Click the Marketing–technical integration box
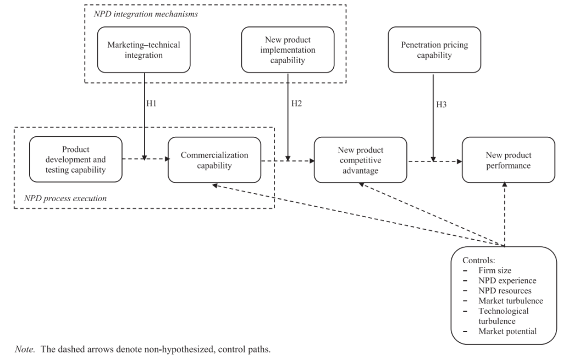pyautogui.click(x=143, y=50)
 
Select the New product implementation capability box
pyautogui.click(x=288, y=50)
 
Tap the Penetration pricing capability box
pyautogui.click(x=434, y=50)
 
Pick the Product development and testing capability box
pyautogui.click(x=76, y=159)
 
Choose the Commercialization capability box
pyautogui.click(x=214, y=160)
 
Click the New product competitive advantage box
pyautogui.click(x=361, y=160)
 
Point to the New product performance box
pyautogui.click(x=509, y=160)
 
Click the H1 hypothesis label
pyautogui.click(x=152, y=104)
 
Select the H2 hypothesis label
pyautogui.click(x=296, y=104)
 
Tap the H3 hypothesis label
pyautogui.click(x=441, y=105)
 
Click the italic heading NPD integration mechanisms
pyautogui.click(x=146, y=14)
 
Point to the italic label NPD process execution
pyautogui.click(x=65, y=198)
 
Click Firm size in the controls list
pyautogui.click(x=495, y=270)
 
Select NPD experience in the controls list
pyautogui.click(x=507, y=281)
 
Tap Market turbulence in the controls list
pyautogui.click(x=511, y=301)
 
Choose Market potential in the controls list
pyautogui.click(x=507, y=331)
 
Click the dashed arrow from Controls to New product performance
pyautogui.click(x=505, y=214)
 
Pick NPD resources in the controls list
pyautogui.click(x=505, y=291)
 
